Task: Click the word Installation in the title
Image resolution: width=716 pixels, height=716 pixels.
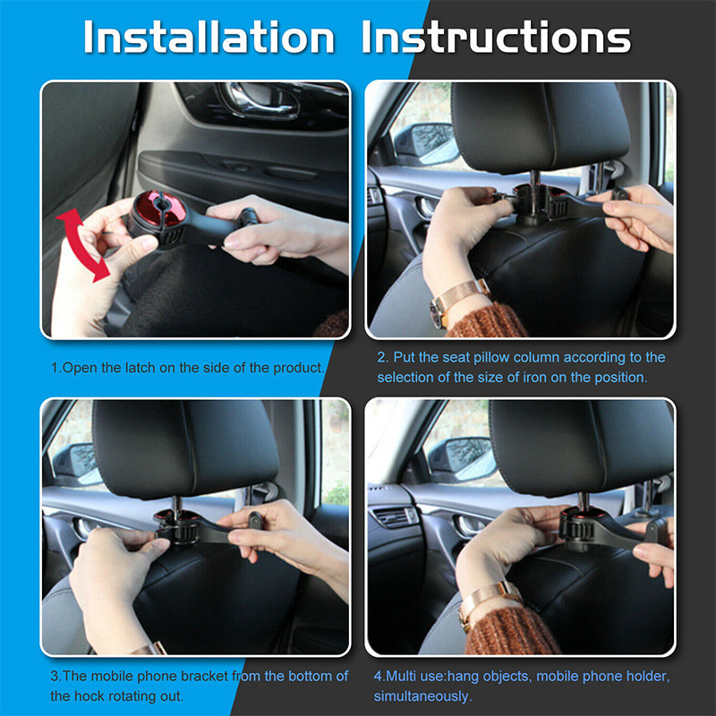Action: click(x=209, y=38)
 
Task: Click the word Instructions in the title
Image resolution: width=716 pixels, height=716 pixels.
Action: click(x=496, y=38)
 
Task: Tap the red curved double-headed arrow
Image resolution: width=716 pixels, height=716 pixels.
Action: click(x=82, y=244)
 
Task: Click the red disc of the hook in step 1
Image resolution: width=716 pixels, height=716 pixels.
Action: click(x=160, y=209)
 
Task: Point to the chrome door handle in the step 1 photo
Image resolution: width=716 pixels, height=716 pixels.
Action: click(x=259, y=99)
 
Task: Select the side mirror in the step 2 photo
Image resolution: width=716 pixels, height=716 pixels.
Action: click(x=426, y=144)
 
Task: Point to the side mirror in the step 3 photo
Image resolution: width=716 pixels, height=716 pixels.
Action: click(x=76, y=464)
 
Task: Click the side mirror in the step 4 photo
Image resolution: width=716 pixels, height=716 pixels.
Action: click(x=461, y=460)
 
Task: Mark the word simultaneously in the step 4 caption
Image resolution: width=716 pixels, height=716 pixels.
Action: click(x=422, y=697)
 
